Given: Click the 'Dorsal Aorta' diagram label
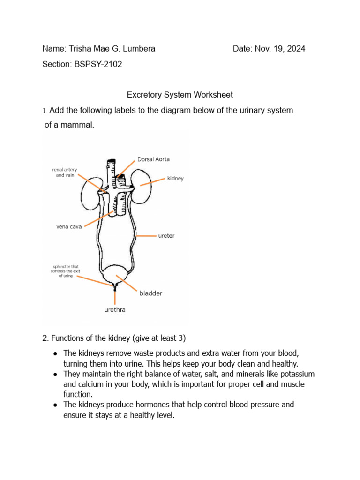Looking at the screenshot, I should click(153, 159).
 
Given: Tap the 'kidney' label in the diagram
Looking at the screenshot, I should click(175, 179).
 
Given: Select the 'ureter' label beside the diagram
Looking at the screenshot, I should click(166, 236).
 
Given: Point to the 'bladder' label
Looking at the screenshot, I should click(150, 293).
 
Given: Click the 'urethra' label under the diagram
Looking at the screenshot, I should click(115, 310).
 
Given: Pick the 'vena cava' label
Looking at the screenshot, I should click(69, 226).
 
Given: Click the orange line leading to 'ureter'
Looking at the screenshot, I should click(146, 236).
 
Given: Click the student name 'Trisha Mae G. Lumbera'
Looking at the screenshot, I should click(112, 49).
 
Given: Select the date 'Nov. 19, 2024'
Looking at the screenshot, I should click(280, 49).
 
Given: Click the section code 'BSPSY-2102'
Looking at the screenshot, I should click(98, 64).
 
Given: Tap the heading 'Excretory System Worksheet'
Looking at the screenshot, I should click(180, 95).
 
